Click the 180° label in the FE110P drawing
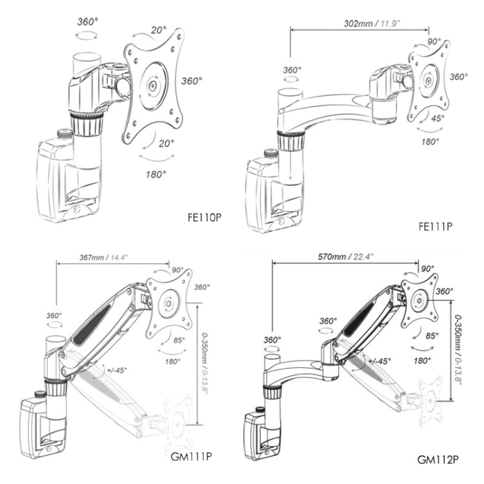pyautogui.click(x=156, y=174)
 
